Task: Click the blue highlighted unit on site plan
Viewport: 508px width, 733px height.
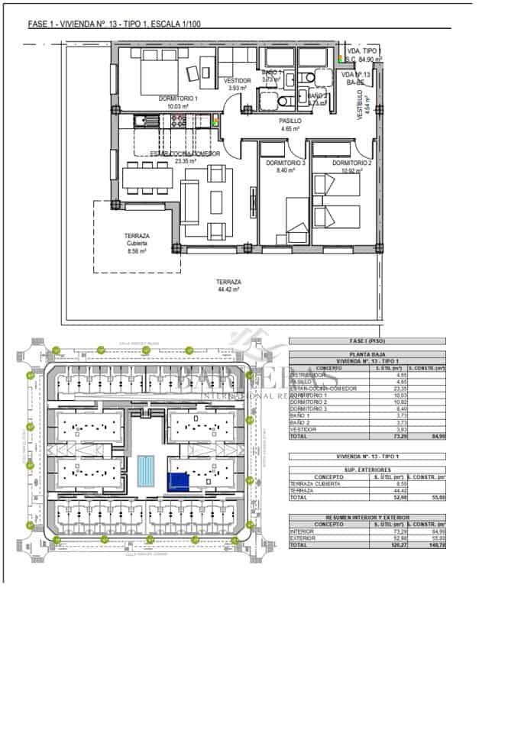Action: click(x=177, y=480)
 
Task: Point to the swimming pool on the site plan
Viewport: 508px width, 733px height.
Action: click(x=145, y=471)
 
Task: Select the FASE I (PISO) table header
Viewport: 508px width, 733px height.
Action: click(x=366, y=341)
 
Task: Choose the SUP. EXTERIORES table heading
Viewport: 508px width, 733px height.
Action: click(x=366, y=470)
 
